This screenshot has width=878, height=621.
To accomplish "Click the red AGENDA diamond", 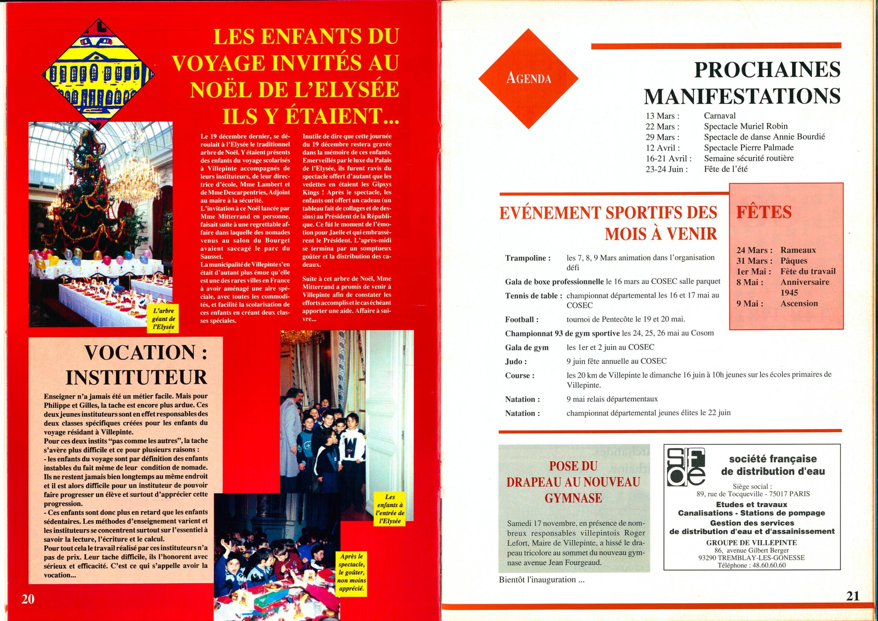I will point(528,79).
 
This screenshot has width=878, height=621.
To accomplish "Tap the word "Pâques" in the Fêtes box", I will point(794,261).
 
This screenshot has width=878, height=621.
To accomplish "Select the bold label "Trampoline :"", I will point(528,258).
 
